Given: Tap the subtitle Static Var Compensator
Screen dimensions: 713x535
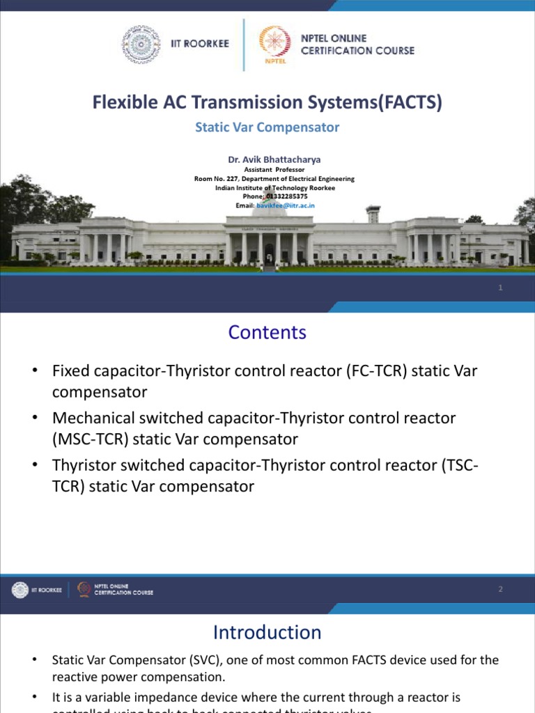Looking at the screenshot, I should [x=267, y=127].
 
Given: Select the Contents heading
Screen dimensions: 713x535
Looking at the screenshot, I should [x=267, y=332].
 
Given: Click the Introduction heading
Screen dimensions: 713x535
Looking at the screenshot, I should [x=267, y=632].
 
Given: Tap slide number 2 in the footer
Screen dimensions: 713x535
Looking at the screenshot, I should [x=500, y=590].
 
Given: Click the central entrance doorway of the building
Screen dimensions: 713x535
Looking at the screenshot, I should [x=269, y=253].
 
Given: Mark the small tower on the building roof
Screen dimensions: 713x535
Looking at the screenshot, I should [x=373, y=213].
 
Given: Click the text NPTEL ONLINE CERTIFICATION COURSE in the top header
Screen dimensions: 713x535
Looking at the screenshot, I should [x=357, y=45].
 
